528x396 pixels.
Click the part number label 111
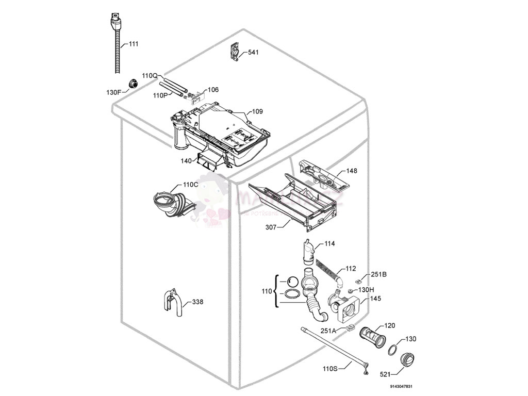click(133, 44)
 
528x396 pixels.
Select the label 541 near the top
click(253, 53)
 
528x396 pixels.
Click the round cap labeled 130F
click(132, 84)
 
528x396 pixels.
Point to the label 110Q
click(150, 76)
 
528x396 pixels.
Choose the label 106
click(213, 90)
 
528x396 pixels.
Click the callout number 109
click(257, 111)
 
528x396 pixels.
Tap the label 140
click(186, 161)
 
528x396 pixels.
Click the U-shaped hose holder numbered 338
click(172, 304)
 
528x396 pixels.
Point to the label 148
click(352, 171)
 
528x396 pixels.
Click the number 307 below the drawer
click(271, 226)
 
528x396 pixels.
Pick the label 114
click(329, 244)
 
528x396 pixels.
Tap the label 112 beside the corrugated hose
click(351, 268)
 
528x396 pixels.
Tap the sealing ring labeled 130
click(393, 350)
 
